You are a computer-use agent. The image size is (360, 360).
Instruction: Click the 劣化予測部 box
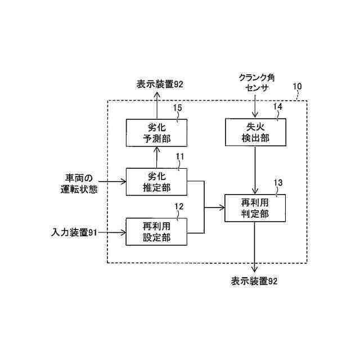tap(156, 133)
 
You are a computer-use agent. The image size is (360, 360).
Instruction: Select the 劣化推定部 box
tap(156, 182)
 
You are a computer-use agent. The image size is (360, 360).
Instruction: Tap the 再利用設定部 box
tap(156, 232)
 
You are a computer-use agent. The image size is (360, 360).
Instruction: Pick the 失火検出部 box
tap(256, 133)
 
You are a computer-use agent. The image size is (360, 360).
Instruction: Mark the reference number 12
tap(178, 206)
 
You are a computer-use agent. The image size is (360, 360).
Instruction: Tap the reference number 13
tap(278, 182)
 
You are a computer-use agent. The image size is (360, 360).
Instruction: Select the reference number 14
tap(277, 106)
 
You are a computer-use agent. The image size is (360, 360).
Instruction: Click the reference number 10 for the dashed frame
tap(297, 87)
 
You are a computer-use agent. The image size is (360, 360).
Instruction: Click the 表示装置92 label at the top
tap(160, 84)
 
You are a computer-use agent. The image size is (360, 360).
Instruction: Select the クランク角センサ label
tap(255, 84)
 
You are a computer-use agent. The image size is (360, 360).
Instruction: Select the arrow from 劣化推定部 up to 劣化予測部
tap(156, 157)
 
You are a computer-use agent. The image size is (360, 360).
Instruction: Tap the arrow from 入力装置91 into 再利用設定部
tap(113, 231)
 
